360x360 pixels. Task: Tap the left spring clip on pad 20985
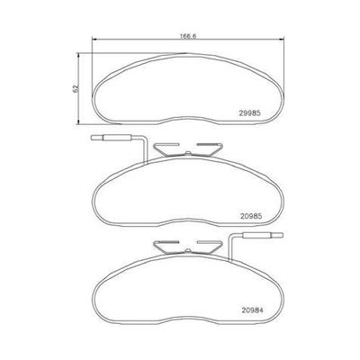click(163, 147)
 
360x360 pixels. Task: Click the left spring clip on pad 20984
click(163, 246)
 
